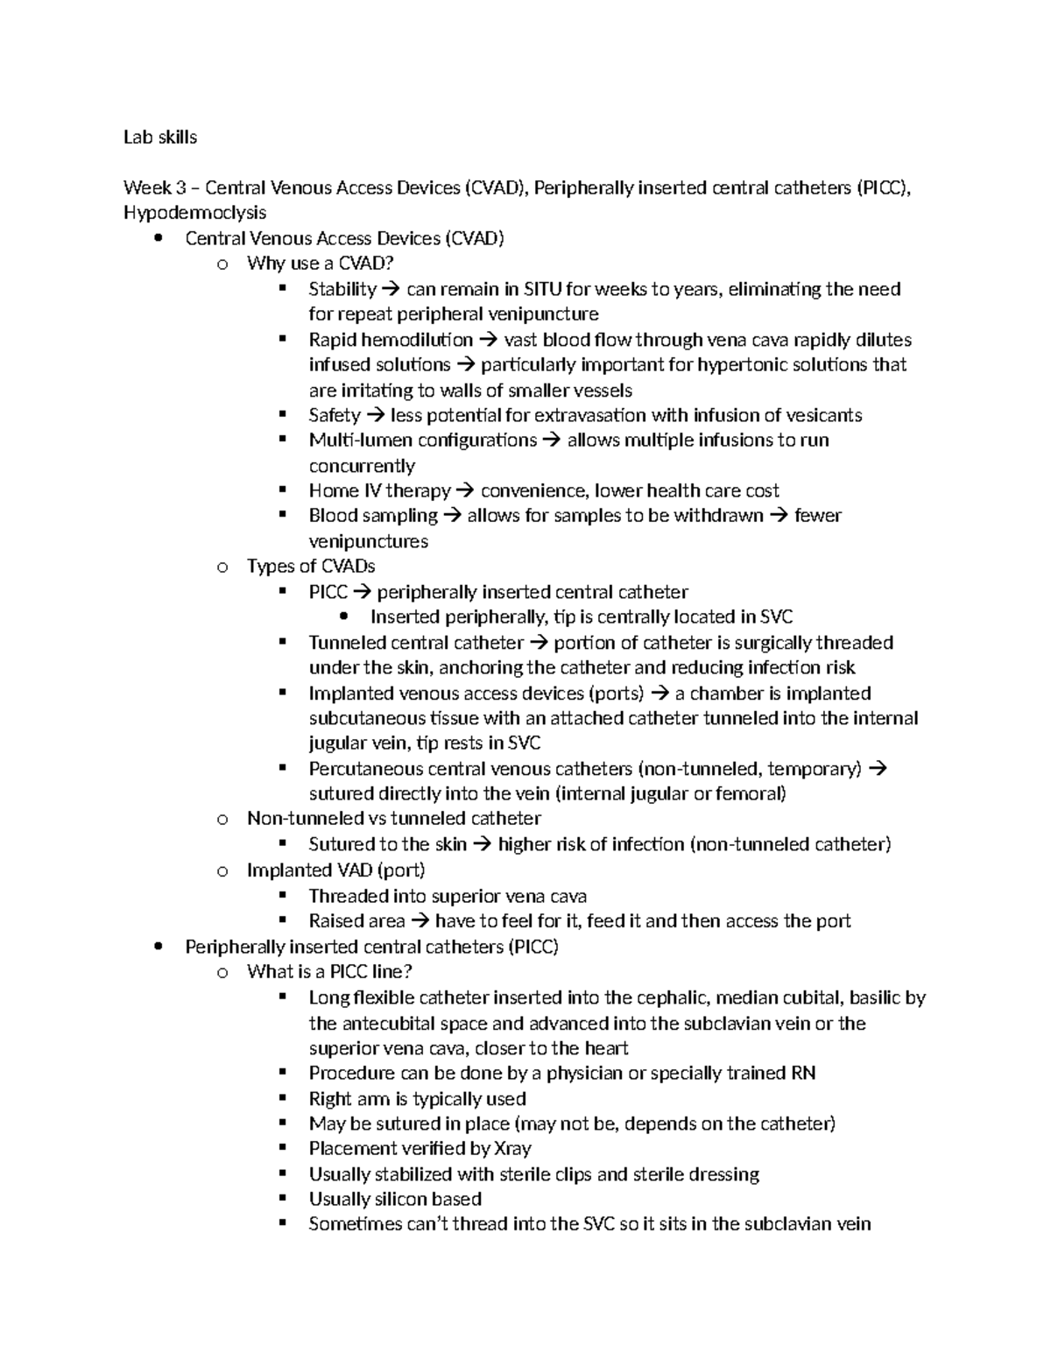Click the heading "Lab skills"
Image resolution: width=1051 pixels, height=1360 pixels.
(160, 137)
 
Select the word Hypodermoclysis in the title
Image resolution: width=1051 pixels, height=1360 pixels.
(194, 213)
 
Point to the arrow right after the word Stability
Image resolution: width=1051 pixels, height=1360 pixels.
(391, 290)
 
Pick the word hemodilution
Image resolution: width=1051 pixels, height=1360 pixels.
(417, 340)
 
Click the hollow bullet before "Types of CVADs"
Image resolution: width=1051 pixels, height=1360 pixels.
(222, 567)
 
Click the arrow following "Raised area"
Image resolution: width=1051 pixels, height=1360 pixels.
(420, 921)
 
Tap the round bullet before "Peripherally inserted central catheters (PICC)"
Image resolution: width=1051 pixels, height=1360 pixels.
(158, 947)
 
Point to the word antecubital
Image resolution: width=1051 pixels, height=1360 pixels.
(395, 1023)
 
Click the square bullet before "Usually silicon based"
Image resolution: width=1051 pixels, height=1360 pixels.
(282, 1198)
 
